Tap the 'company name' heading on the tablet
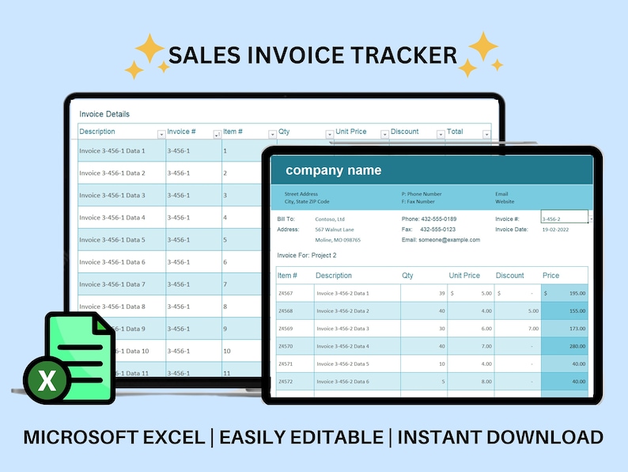click(333, 170)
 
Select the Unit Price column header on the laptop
click(351, 131)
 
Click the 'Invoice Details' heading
click(104, 114)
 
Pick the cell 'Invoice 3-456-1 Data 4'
click(112, 218)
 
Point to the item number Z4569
click(286, 328)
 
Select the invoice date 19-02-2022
click(555, 230)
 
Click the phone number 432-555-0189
click(440, 219)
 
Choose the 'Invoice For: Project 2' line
click(307, 256)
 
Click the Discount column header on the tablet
click(510, 276)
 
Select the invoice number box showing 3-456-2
click(563, 219)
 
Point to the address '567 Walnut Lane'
click(335, 230)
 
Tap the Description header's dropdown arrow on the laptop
click(161, 134)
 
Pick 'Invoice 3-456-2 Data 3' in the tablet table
click(343, 328)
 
